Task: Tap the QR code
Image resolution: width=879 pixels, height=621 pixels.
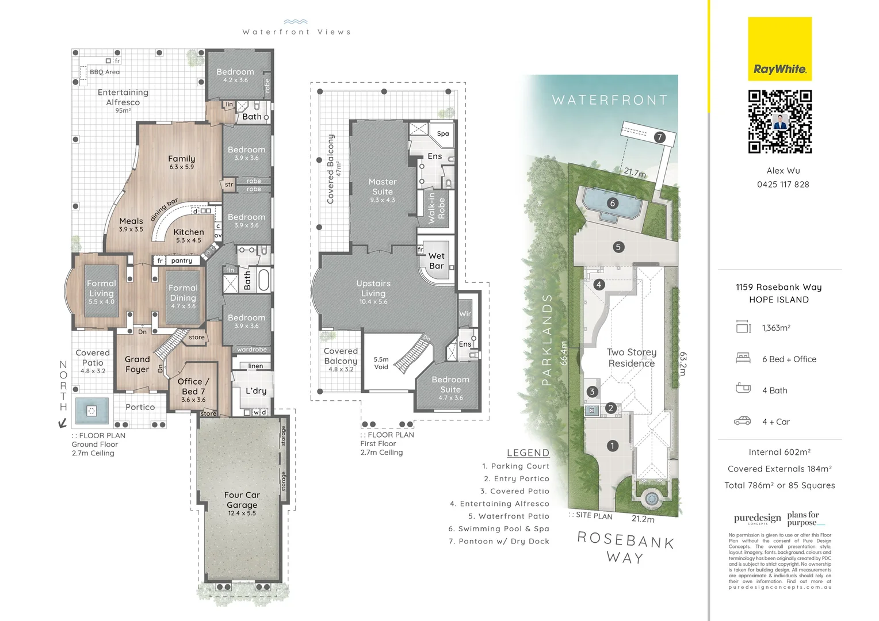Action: click(x=779, y=122)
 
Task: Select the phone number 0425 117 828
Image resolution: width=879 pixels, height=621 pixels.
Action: click(x=782, y=185)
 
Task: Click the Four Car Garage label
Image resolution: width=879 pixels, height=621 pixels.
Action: click(x=242, y=500)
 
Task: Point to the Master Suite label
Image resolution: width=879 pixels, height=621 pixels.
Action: click(x=383, y=186)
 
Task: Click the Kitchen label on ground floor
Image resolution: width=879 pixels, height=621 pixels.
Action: click(x=189, y=232)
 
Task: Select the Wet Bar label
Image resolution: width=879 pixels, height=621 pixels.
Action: click(x=436, y=260)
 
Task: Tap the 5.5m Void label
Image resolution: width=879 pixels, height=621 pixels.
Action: click(x=381, y=363)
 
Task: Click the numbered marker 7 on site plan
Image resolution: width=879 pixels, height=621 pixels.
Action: click(x=659, y=137)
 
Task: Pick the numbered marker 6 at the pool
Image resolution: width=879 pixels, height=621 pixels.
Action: click(x=612, y=203)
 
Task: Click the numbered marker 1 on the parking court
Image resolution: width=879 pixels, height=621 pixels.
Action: click(x=612, y=446)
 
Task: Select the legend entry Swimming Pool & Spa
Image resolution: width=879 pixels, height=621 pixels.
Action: click(x=499, y=528)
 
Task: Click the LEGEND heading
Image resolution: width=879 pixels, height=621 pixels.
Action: click(x=528, y=453)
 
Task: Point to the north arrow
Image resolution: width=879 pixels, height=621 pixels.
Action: click(x=62, y=424)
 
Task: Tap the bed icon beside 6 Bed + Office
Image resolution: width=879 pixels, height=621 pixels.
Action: click(x=743, y=358)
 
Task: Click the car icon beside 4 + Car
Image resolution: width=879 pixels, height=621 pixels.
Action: click(x=743, y=421)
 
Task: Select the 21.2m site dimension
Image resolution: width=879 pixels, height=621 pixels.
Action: click(x=643, y=519)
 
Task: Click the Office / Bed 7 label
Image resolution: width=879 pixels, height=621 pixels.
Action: click(x=193, y=386)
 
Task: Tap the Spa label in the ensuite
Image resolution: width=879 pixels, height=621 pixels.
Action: click(x=442, y=133)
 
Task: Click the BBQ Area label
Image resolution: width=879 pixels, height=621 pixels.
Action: click(x=105, y=72)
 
